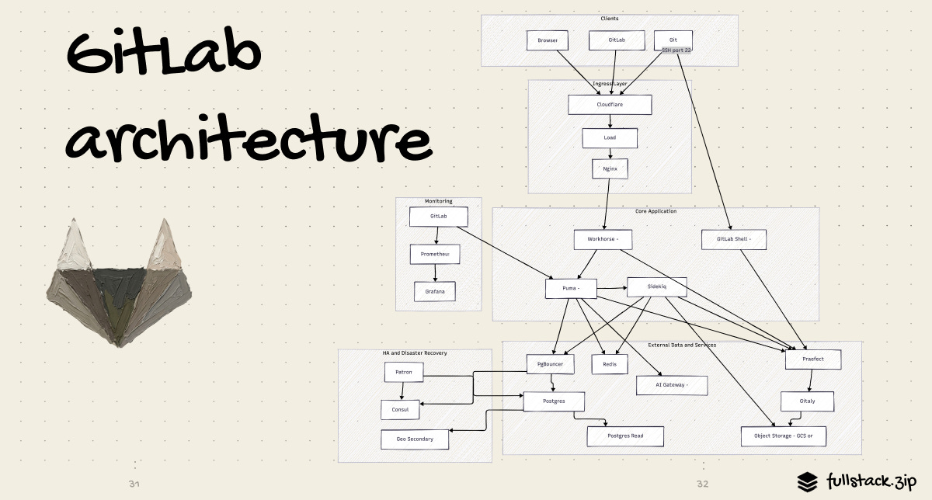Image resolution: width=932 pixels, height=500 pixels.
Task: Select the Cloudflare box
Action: coord(610,105)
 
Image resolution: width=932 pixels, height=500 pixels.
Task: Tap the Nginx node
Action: coord(610,168)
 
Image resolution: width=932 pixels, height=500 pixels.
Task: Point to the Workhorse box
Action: coord(603,239)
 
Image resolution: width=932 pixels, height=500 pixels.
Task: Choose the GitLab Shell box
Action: coord(733,239)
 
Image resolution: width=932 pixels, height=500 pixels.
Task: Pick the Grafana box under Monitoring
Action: coord(435,291)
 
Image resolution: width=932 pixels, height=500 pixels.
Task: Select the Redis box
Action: coord(610,363)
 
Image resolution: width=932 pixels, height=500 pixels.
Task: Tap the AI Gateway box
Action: coord(673,384)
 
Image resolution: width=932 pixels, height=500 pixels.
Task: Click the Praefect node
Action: coord(813,359)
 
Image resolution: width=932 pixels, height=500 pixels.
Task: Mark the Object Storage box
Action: coord(783,436)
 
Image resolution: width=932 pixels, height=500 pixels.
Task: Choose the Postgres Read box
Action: coord(625,436)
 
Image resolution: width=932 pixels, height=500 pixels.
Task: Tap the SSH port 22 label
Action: coord(676,50)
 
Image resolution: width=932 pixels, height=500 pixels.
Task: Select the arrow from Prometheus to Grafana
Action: coord(435,273)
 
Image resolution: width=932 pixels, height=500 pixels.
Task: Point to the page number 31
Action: coord(134,484)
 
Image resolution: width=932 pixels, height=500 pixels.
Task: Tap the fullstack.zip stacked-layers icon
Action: coord(808,482)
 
